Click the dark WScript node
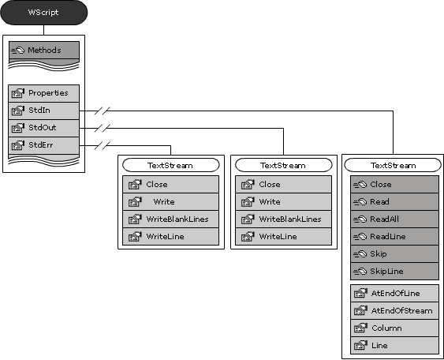(44, 13)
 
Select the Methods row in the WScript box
(44, 51)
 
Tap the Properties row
(44, 93)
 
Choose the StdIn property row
(44, 111)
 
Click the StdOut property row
(44, 128)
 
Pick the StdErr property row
(44, 145)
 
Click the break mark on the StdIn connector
(103, 111)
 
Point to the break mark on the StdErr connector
(103, 146)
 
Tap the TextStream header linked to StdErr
(171, 165)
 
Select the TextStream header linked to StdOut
(283, 165)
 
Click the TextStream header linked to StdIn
(393, 165)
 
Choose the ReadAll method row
(394, 219)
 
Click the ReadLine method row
(394, 236)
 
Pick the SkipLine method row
(394, 272)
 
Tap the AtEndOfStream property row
(394, 311)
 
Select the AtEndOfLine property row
(394, 294)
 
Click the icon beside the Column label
(360, 328)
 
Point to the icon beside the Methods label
(18, 51)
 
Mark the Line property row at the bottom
(394, 346)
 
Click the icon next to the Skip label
(360, 254)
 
